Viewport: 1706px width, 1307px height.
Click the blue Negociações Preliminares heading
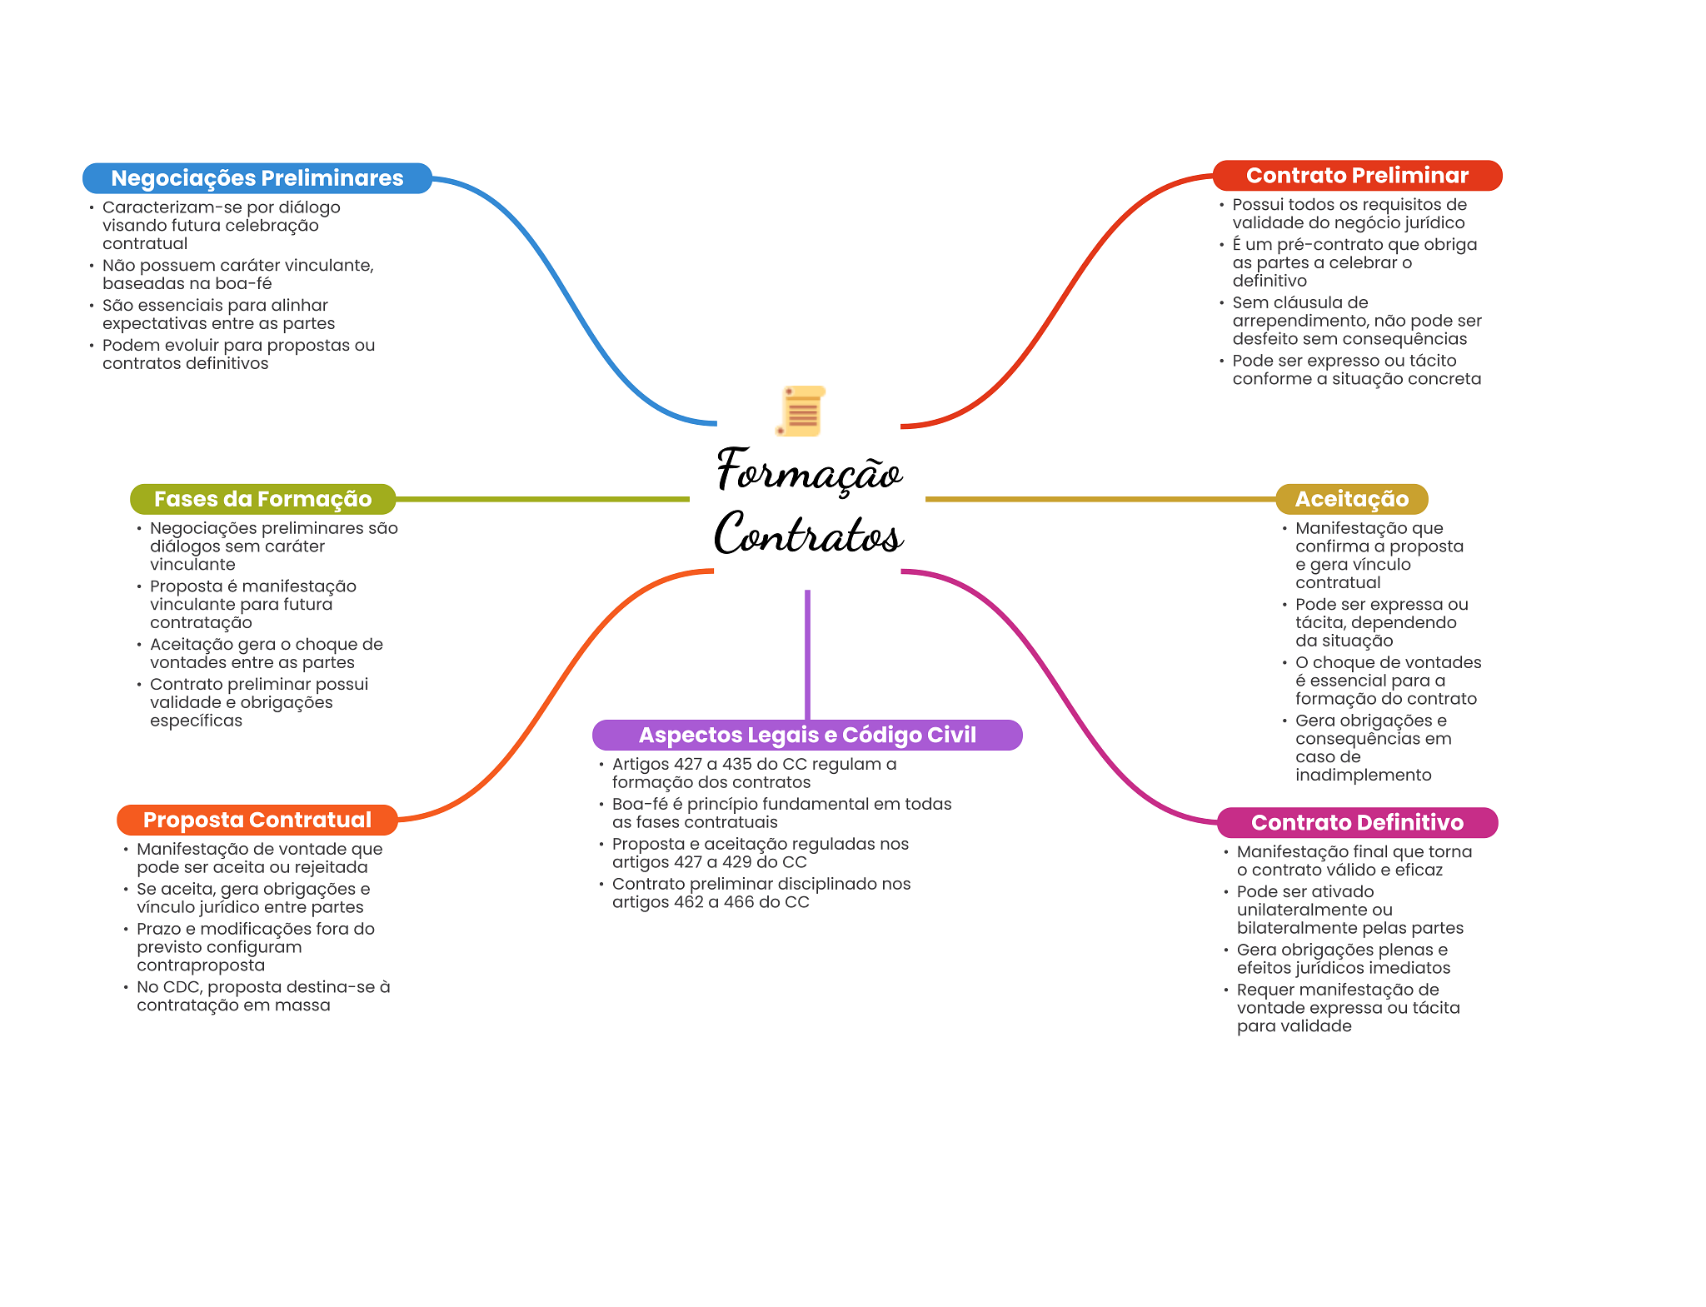point(257,178)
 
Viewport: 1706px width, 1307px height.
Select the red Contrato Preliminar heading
point(1357,176)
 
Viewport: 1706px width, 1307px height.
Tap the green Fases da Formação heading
point(262,499)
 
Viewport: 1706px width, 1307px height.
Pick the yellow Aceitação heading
point(1351,499)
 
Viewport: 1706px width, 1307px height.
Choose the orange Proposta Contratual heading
point(257,820)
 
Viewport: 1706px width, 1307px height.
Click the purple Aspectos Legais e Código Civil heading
point(806,735)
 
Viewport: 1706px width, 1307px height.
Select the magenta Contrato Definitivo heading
point(1357,822)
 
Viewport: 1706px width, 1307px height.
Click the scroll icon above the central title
point(801,411)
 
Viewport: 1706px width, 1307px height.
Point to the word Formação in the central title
point(809,471)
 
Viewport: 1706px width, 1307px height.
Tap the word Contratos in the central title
point(809,534)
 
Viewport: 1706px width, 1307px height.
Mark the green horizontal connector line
point(541,499)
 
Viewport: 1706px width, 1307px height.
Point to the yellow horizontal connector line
point(1100,499)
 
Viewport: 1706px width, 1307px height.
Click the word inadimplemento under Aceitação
point(1363,775)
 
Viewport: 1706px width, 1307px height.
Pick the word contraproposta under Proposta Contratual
point(201,965)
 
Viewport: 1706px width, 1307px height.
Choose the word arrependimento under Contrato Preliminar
point(1299,321)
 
